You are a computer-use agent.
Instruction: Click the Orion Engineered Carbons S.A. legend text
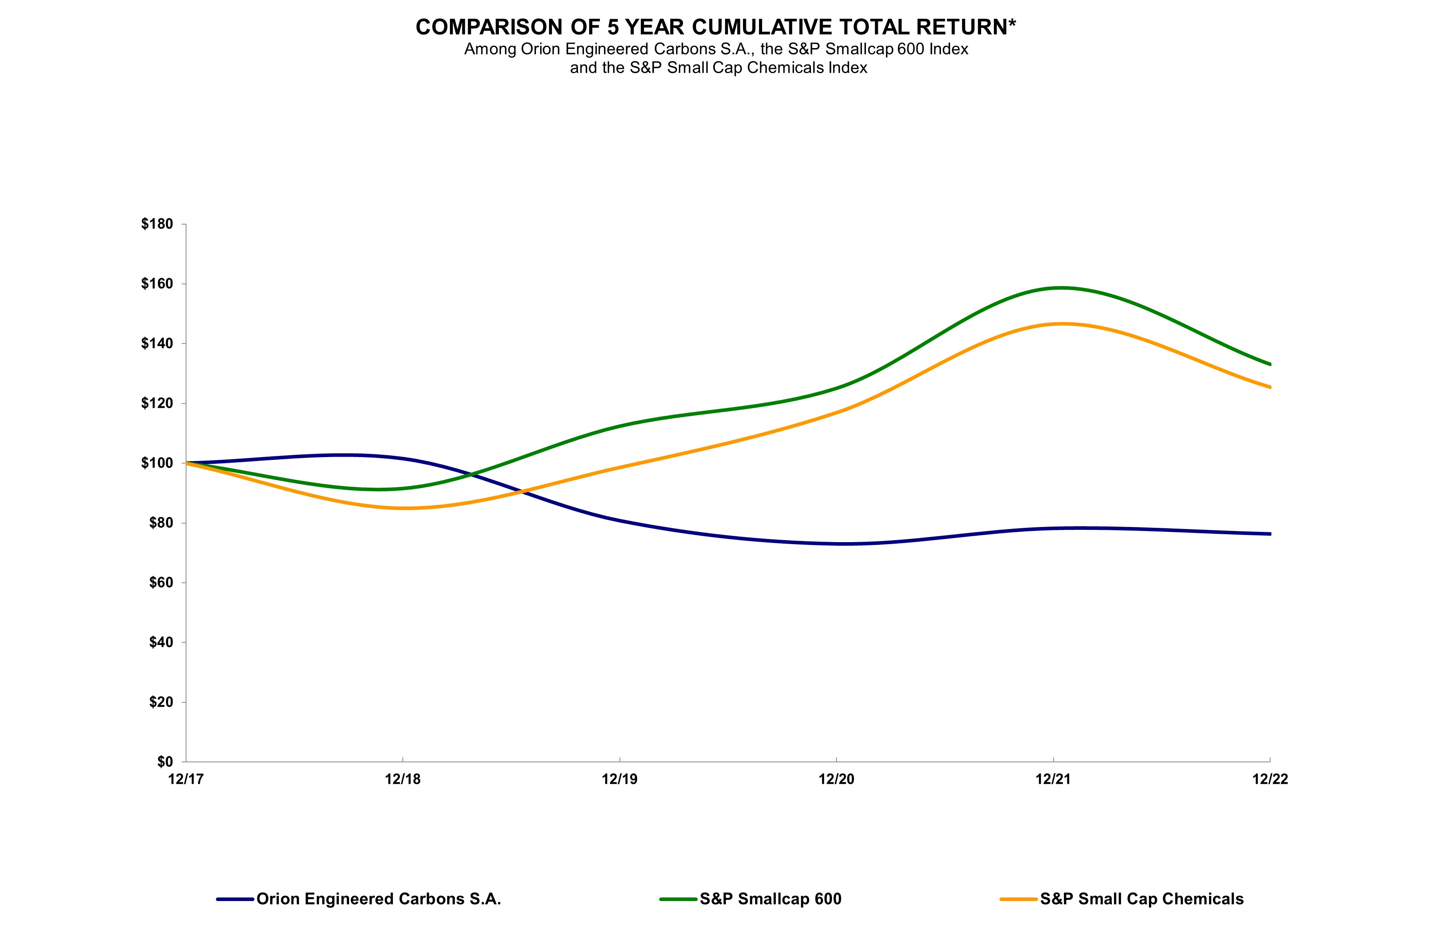pyautogui.click(x=378, y=899)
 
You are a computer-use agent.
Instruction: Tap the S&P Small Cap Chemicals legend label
pyautogui.click(x=1141, y=899)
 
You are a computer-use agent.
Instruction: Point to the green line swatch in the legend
pyautogui.click(x=679, y=899)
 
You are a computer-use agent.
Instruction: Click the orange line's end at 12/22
pyautogui.click(x=1269, y=387)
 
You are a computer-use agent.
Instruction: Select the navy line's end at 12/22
pyautogui.click(x=1269, y=534)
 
